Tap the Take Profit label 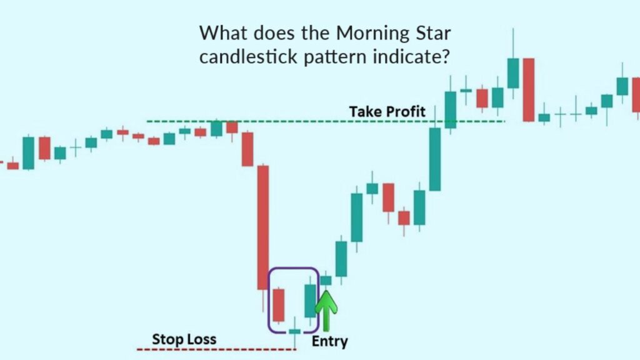387,111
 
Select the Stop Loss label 184,339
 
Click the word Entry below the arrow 329,341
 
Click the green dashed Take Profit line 281,121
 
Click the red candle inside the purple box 279,304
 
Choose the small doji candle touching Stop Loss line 295,331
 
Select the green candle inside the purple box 311,301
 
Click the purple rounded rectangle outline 269,300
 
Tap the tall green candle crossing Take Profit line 434,159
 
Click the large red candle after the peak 529,89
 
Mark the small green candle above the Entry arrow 326,281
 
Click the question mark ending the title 449,57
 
